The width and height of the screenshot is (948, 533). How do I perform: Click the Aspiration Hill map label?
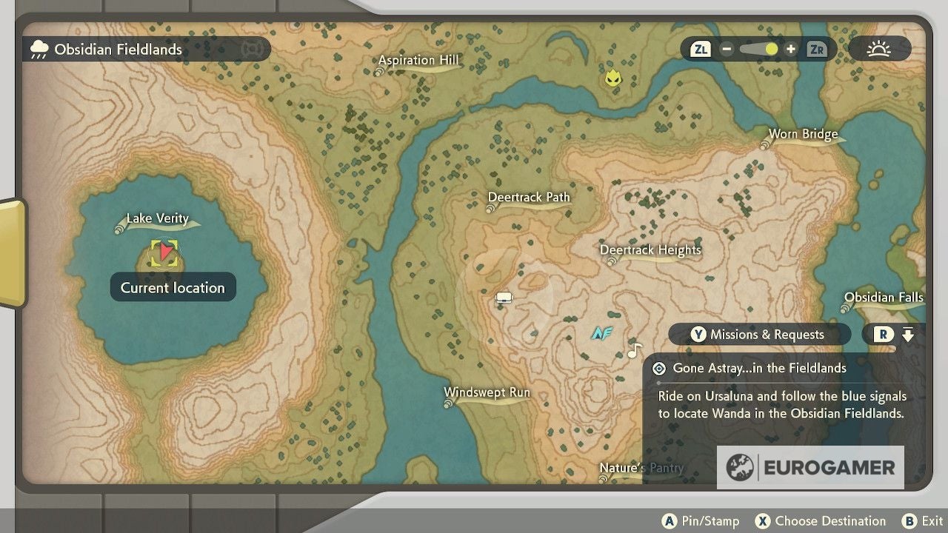(418, 61)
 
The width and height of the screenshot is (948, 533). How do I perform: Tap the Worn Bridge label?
(803, 135)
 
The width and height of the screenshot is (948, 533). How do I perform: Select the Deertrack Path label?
(529, 198)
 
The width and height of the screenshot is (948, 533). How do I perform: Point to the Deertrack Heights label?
(650, 250)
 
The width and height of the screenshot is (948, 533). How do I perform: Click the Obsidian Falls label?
(884, 298)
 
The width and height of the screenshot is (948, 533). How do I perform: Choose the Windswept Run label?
(487, 392)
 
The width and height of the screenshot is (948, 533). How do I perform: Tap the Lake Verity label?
(157, 218)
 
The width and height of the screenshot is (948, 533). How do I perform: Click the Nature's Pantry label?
(641, 468)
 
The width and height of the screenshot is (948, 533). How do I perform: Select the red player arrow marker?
(165, 253)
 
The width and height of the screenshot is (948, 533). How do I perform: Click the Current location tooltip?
(173, 288)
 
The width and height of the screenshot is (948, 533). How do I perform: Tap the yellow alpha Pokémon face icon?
(612, 78)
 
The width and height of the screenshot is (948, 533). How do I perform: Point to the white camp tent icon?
(504, 298)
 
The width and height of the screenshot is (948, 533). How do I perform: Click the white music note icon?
(634, 350)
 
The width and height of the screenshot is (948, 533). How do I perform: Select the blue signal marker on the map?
(601, 334)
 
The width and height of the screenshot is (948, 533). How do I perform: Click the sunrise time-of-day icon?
(879, 50)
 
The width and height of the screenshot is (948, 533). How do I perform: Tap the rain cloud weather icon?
(39, 50)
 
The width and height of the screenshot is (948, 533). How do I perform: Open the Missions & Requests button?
(758, 335)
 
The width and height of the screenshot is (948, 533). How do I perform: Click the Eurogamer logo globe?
(739, 467)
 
